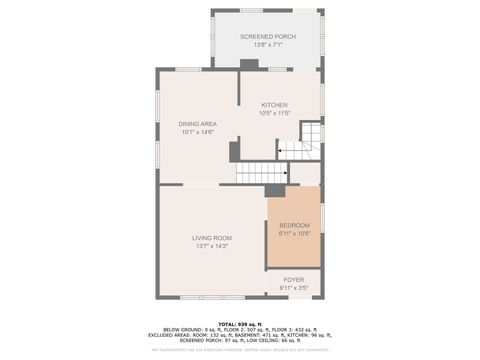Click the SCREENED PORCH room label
(x=266, y=36)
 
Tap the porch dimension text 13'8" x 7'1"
(x=266, y=45)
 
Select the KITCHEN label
(x=275, y=105)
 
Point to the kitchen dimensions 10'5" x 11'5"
(x=275, y=113)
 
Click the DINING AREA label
(x=198, y=124)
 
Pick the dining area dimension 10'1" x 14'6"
(x=198, y=132)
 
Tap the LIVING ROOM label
(x=212, y=237)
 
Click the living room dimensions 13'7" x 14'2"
(x=212, y=246)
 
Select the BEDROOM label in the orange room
(x=294, y=225)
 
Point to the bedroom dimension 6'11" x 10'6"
(x=294, y=233)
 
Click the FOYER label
(x=293, y=279)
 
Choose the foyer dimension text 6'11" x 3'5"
(x=293, y=287)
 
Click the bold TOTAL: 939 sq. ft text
(x=240, y=323)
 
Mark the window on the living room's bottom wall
(x=212, y=297)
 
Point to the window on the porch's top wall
(x=266, y=11)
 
